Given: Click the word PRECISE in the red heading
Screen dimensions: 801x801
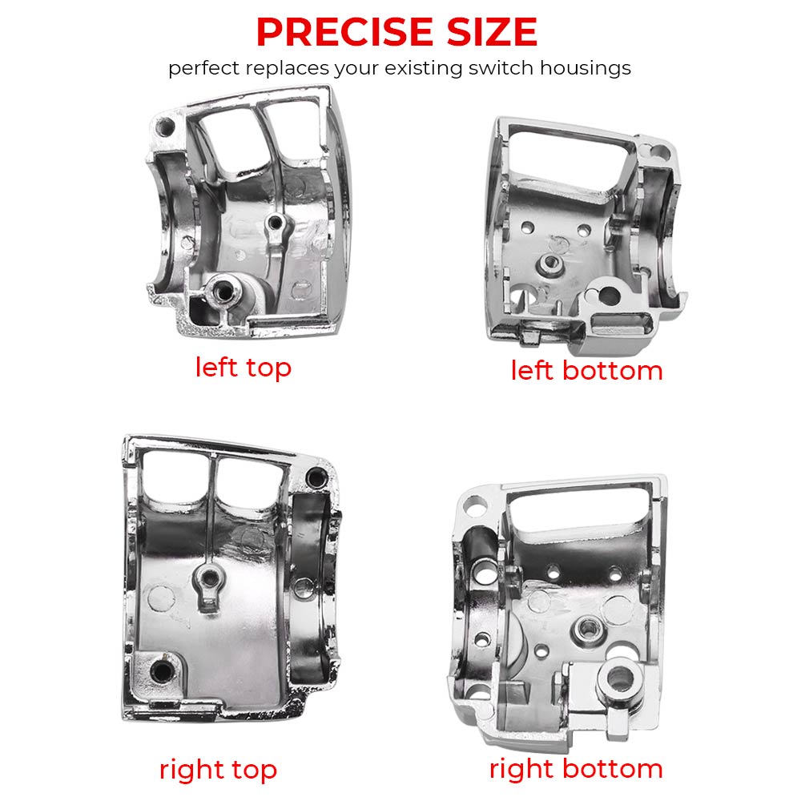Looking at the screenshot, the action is pyautogui.click(x=345, y=32).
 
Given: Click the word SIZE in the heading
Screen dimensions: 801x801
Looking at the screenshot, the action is pyautogui.click(x=492, y=32).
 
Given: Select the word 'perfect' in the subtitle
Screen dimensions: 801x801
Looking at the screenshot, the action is pyautogui.click(x=203, y=68).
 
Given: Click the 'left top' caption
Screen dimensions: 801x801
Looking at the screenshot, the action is pyautogui.click(x=244, y=368).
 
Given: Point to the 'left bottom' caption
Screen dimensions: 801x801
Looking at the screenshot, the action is pyautogui.click(x=587, y=370).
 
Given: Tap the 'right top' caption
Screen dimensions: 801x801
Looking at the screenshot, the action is pyautogui.click(x=218, y=770).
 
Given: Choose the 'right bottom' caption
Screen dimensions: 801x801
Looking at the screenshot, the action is pyautogui.click(x=576, y=769).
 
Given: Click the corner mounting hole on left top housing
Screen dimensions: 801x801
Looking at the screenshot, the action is pyautogui.click(x=165, y=127).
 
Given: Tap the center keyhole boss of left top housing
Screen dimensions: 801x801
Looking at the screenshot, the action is pyautogui.click(x=276, y=223).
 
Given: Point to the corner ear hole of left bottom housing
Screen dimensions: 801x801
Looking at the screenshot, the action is pyautogui.click(x=661, y=151).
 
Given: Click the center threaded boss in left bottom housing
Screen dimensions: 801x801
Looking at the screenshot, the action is pyautogui.click(x=550, y=263).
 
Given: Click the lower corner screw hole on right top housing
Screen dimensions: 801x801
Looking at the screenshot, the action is pyautogui.click(x=163, y=670).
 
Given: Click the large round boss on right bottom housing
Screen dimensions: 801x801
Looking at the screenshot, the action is pyautogui.click(x=618, y=679).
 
